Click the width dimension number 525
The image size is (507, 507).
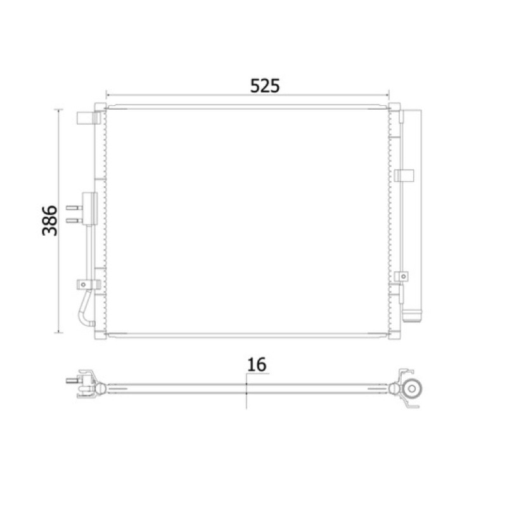pos(265,86)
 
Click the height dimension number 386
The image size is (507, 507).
pos(50,221)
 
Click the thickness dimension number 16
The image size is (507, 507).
pos(257,364)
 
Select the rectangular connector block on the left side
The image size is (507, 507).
pos(90,209)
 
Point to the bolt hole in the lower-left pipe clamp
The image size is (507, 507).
pos(84,285)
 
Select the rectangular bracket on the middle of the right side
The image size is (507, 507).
pos(404,176)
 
